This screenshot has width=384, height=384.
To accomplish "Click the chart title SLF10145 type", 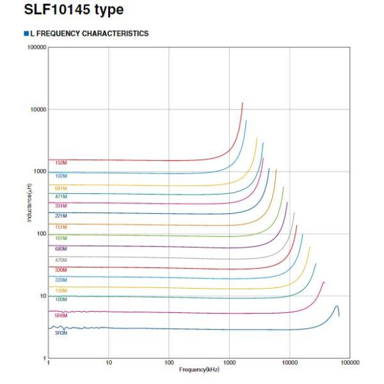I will [74, 11].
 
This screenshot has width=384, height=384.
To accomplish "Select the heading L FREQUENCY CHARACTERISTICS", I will [89, 33].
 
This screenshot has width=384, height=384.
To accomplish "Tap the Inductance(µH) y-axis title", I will [29, 203].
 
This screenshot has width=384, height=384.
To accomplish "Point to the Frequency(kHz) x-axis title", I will [199, 369].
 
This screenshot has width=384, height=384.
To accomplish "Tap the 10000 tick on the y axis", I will [37, 109].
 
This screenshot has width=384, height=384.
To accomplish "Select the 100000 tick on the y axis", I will [35, 47].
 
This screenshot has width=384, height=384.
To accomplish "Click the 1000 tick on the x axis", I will [229, 364].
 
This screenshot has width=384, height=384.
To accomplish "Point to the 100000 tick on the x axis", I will [349, 364].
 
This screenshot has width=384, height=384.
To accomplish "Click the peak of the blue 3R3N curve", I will [337, 306].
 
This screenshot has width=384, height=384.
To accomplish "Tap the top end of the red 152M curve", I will [243, 103].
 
